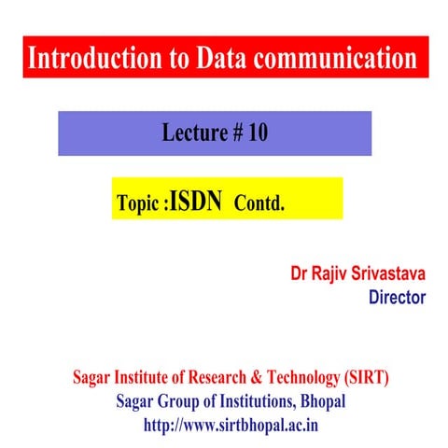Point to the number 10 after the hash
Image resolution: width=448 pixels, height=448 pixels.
tap(258, 133)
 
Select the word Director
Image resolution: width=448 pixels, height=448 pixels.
tap(397, 298)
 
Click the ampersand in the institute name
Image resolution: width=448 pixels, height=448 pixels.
tap(250, 379)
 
